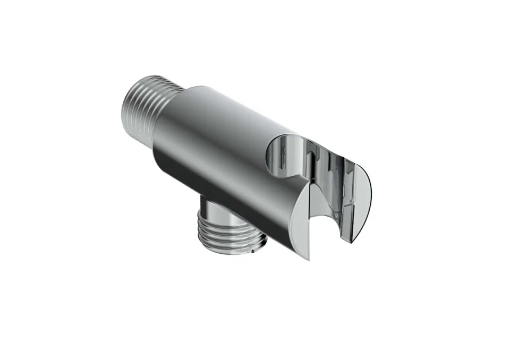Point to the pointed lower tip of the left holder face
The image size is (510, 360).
coord(308,258)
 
